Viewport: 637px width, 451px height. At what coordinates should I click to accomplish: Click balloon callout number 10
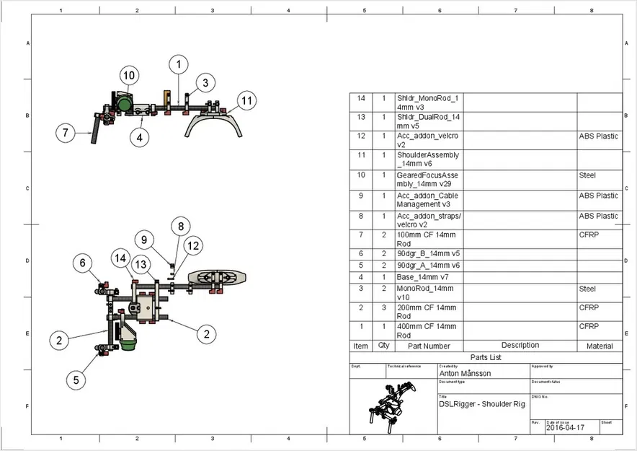[128, 75]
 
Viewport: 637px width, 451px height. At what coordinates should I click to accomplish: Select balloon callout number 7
[66, 133]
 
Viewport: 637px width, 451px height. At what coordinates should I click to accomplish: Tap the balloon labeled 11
[246, 101]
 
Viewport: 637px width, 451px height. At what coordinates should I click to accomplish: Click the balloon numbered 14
[120, 258]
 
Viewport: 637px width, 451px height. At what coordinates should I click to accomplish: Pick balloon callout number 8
[182, 225]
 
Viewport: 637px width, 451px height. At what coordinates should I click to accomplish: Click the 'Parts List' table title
[486, 356]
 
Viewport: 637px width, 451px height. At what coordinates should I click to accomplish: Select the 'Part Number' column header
[429, 346]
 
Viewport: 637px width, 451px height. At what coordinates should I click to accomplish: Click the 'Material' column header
[599, 346]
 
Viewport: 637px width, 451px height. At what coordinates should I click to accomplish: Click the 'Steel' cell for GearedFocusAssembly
[588, 175]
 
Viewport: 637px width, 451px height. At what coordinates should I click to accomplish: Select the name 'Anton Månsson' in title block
[465, 374]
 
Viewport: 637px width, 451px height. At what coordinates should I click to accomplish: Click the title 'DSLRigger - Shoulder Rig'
[482, 403]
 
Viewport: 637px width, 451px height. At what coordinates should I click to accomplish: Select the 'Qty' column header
[383, 346]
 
